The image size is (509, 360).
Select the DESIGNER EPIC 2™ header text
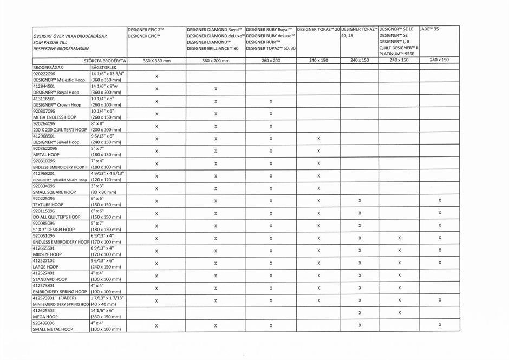pyautogui.click(x=146, y=29)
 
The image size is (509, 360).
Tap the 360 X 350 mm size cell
pyautogui.click(x=156, y=61)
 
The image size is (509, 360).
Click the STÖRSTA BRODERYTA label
pyautogui.click(x=105, y=61)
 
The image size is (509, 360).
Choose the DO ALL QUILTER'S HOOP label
pyautogui.click(x=56, y=217)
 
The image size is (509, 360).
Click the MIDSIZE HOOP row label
pyautogui.click(x=47, y=254)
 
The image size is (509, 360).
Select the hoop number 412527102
pyautogui.click(x=44, y=260)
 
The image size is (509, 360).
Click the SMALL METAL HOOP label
pyautogui.click(x=53, y=329)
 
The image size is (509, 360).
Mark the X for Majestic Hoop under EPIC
pyautogui.click(x=156, y=76)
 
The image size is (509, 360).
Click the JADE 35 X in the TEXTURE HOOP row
pyautogui.click(x=440, y=201)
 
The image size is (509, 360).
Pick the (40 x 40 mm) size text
pyautogui.click(x=103, y=304)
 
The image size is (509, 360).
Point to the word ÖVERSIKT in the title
pyautogui.click(x=43, y=36)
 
